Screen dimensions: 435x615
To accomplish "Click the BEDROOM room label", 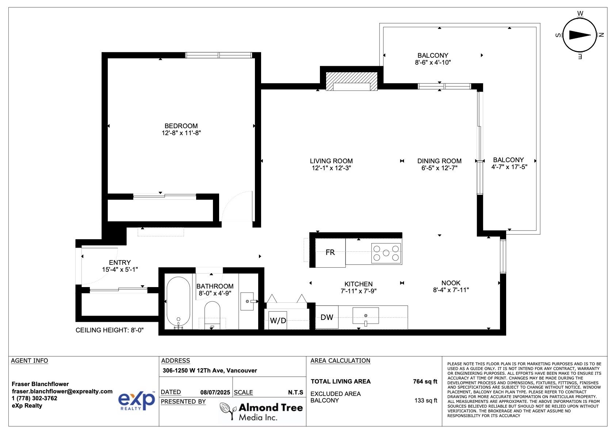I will pyautogui.click(x=181, y=126).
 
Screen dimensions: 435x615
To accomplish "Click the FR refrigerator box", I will pyautogui.click(x=330, y=252).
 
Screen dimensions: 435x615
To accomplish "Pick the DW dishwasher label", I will pyautogui.click(x=326, y=317).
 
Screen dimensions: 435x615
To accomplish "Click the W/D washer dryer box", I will pyautogui.click(x=278, y=320).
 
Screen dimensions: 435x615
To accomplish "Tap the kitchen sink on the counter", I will pyautogui.click(x=365, y=316).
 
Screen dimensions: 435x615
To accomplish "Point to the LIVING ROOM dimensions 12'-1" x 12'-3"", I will pyautogui.click(x=331, y=168).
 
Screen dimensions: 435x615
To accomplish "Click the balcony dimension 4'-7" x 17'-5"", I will pyautogui.click(x=509, y=167).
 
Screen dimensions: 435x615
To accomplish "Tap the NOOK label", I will pyautogui.click(x=451, y=283).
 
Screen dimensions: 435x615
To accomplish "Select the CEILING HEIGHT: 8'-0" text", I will pyautogui.click(x=110, y=330).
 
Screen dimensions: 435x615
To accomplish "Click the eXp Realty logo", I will pyautogui.click(x=137, y=401).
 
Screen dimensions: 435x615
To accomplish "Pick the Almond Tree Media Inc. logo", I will pyautogui.click(x=261, y=411).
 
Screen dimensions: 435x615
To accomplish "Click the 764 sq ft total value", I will pyautogui.click(x=425, y=381).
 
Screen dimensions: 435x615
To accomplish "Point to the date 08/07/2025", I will pyautogui.click(x=215, y=392).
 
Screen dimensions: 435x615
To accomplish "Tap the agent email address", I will pyautogui.click(x=62, y=391).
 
